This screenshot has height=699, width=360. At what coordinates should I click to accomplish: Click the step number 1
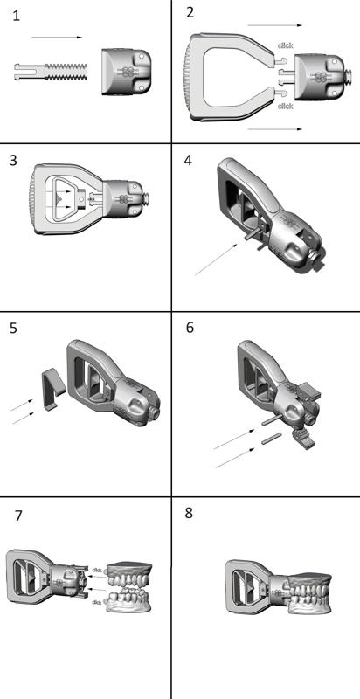pos(17,17)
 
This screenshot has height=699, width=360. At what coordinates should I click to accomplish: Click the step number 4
pos(188,160)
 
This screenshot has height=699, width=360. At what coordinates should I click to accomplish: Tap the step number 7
pos(17,516)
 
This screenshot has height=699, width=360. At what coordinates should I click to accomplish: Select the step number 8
pos(189,513)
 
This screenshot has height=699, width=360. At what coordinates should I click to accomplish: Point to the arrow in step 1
pos(57,38)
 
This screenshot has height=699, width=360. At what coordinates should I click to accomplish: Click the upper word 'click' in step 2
pos(285,45)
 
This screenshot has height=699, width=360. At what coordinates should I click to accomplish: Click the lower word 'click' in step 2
pos(285,106)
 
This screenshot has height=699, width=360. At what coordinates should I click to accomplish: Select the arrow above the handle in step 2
pos(275,25)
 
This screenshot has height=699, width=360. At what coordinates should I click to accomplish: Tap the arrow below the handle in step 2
pos(275,129)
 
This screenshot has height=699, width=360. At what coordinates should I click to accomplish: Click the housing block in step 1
pos(126,72)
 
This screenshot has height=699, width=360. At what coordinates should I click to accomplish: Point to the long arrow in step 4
pos(216,260)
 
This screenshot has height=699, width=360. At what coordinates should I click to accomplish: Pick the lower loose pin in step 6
pos(272,439)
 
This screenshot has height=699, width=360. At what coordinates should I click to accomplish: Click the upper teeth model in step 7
pos(130,576)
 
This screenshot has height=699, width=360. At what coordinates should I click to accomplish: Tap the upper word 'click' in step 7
pos(97,571)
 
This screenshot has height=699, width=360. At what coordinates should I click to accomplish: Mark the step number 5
pos(13,328)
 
